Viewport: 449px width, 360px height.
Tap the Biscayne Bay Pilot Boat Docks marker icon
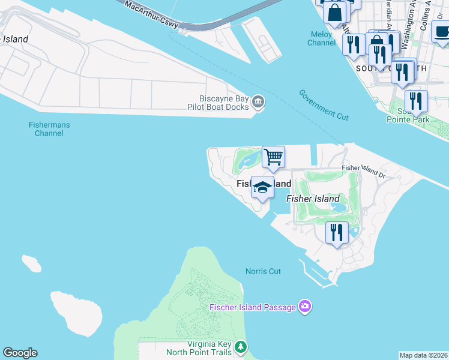(x=259, y=103)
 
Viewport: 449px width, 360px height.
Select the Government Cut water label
(x=324, y=105)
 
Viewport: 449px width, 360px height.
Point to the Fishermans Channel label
(x=49, y=129)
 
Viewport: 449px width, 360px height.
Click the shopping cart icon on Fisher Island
(x=273, y=158)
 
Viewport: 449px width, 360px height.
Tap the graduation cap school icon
(x=262, y=188)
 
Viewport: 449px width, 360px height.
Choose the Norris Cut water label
(x=263, y=271)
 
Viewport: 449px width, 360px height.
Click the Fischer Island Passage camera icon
(x=305, y=307)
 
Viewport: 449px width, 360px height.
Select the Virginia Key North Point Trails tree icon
(x=241, y=347)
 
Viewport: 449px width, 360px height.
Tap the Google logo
(x=20, y=353)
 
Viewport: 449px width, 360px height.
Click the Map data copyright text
(x=423, y=355)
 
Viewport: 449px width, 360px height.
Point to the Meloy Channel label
(x=321, y=38)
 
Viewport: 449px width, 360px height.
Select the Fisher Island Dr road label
(x=363, y=171)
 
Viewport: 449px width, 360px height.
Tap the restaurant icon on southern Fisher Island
(x=337, y=232)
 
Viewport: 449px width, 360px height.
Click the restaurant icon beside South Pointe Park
(x=415, y=102)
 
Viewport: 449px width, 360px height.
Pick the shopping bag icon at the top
(x=334, y=11)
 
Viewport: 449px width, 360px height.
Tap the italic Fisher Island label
(x=313, y=199)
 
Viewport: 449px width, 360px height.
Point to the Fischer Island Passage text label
(x=253, y=307)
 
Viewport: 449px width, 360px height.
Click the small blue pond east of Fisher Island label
(x=338, y=206)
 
